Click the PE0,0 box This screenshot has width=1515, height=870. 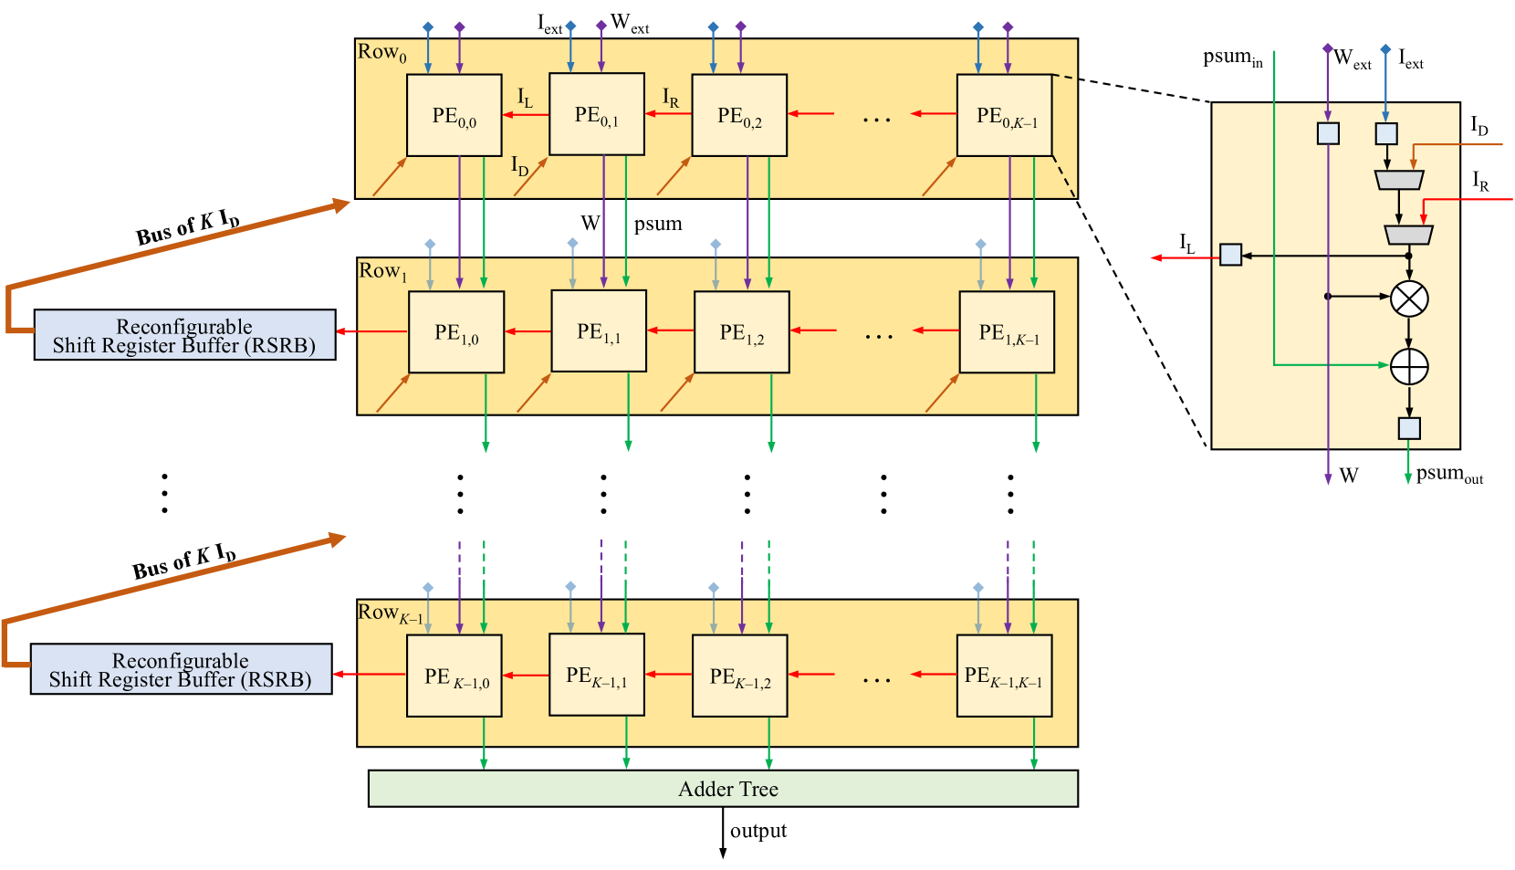point(454,115)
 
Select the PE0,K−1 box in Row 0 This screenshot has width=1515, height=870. point(1004,115)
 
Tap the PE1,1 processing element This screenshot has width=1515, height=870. point(599,331)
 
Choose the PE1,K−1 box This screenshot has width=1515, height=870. point(1007,332)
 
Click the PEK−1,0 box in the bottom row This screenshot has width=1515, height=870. point(454,676)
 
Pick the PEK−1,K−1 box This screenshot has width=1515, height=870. point(1004,676)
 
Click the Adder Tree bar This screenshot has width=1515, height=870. point(723,789)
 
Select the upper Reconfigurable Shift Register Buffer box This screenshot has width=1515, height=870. point(184,335)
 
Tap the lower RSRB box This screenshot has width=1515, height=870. point(181,669)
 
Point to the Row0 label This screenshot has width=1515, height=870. point(381,53)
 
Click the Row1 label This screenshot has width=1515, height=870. point(382,271)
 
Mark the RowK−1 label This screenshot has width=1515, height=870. point(390,613)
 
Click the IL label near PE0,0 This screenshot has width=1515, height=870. point(525,97)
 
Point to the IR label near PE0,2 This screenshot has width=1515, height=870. point(670,97)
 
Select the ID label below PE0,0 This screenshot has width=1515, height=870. point(519,166)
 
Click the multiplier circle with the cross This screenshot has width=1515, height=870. point(1409,299)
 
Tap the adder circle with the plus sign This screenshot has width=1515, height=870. point(1409,367)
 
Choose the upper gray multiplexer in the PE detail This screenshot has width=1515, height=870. point(1399,180)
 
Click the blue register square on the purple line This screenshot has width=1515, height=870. point(1328,133)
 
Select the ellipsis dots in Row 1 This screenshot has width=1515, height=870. point(878,337)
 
